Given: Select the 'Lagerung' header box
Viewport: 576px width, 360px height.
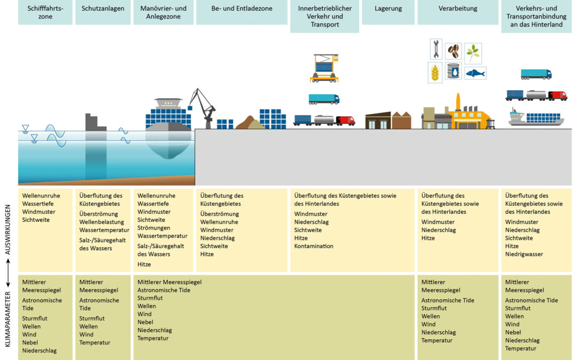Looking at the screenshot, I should click(388, 9).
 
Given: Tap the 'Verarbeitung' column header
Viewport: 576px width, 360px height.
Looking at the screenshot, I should click(458, 9).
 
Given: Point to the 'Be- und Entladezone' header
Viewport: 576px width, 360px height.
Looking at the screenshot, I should click(241, 9).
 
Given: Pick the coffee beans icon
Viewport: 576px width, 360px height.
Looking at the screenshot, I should click(453, 51).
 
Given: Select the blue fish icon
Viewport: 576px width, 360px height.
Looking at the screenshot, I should click(475, 73).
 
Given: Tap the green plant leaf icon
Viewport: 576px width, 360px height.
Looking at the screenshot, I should click(473, 53).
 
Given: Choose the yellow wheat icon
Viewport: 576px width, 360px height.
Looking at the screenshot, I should click(435, 73).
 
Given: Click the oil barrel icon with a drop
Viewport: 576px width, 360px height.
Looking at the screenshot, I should click(453, 71).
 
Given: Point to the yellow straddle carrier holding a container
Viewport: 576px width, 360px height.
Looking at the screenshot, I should click(324, 68).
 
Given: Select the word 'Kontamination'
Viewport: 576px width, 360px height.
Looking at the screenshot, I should click(314, 246).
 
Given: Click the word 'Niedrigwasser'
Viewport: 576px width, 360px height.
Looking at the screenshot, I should click(524, 254).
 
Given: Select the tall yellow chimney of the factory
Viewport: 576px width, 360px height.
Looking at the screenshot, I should click(458, 102).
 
